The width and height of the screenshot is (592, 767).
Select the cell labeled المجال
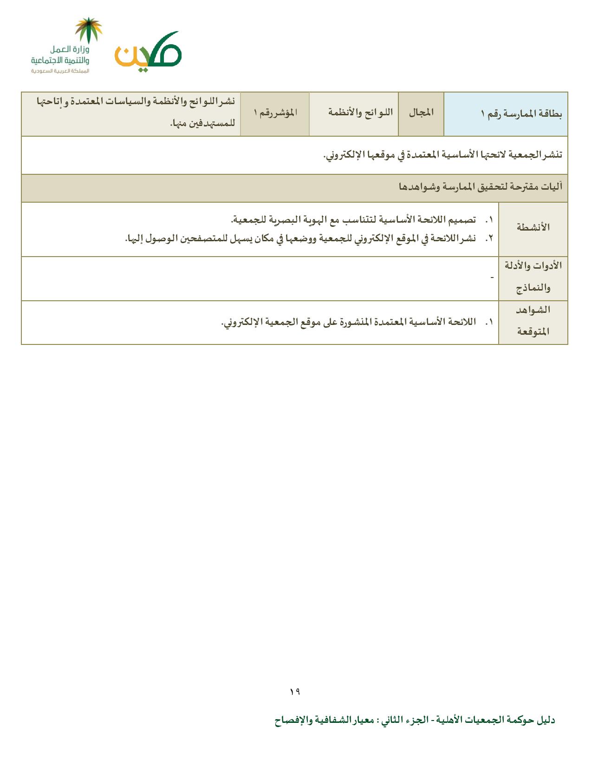click(x=421, y=113)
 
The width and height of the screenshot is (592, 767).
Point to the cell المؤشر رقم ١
click(x=275, y=113)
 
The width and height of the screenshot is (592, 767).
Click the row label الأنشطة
click(x=533, y=228)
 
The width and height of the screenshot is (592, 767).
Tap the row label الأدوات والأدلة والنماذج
click(x=533, y=277)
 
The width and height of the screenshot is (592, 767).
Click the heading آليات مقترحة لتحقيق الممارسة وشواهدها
click(x=481, y=187)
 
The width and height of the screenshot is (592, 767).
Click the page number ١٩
click(x=295, y=692)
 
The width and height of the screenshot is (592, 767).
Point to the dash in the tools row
click(x=492, y=278)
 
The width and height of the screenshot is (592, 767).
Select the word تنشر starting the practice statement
click(x=551, y=155)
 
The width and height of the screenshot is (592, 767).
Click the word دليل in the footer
click(x=546, y=721)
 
